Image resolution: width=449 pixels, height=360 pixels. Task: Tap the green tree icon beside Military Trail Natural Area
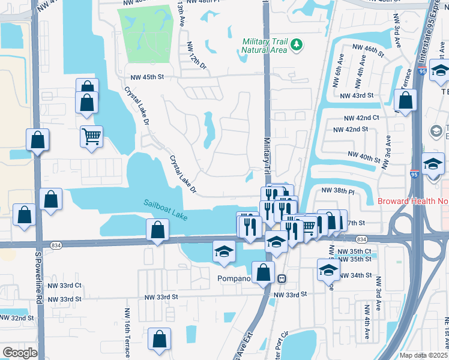coord(296,45)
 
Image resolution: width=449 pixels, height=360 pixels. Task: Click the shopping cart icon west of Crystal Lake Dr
coord(91,137)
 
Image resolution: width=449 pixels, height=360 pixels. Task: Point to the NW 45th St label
coord(148,77)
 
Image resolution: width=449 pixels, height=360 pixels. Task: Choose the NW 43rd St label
coord(357,96)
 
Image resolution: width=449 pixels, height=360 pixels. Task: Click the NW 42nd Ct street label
coord(361,119)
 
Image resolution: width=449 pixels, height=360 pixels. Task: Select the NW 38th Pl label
coord(339,190)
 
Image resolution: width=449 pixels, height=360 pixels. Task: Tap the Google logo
coord(20,353)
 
